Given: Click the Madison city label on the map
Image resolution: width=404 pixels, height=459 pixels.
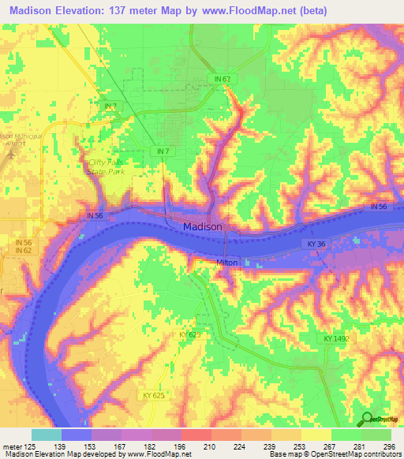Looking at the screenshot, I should tap(202, 226).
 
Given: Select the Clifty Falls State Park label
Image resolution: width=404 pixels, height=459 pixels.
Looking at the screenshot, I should tap(105, 166).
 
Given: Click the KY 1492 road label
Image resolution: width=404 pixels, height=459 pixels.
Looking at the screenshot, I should tap(335, 338).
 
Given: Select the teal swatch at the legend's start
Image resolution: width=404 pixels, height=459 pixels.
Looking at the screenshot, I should tap(46, 434).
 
